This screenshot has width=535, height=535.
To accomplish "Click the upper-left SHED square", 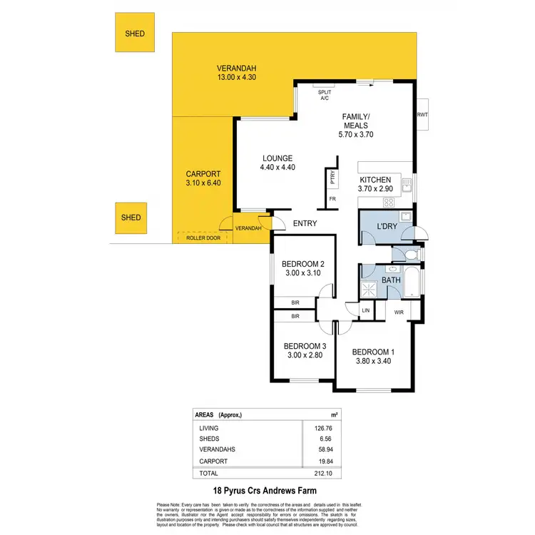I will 133,34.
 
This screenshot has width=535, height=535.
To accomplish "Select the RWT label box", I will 422,114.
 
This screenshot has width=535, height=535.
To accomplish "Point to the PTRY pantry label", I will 332,176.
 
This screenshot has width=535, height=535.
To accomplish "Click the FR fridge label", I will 332,200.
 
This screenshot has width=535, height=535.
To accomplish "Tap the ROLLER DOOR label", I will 203,238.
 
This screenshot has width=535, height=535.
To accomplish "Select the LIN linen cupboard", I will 365,310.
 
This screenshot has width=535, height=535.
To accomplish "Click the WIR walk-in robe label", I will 399,311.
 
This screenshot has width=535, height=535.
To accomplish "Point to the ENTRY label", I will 305,224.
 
